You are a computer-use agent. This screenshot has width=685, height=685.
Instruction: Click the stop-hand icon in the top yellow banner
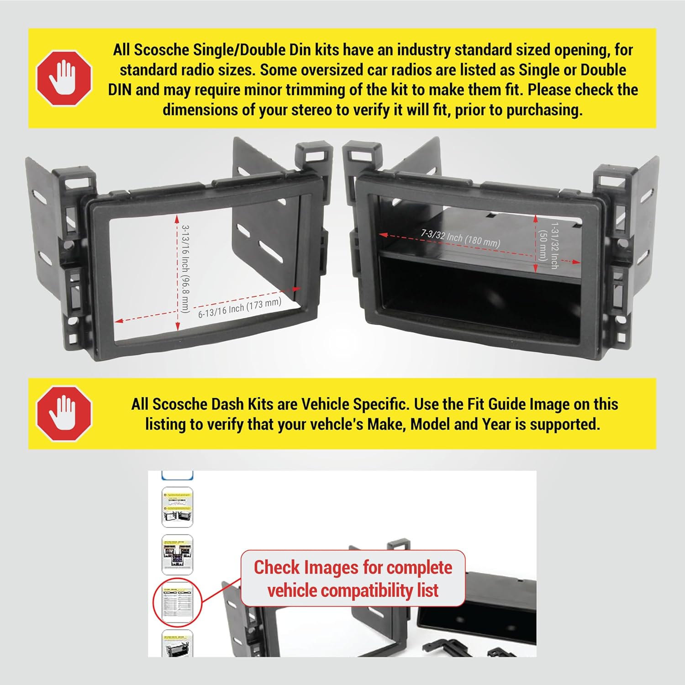(64, 78)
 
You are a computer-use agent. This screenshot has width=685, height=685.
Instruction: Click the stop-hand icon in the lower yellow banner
(64, 413)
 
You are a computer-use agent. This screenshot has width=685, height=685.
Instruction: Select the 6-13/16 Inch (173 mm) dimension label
(240, 308)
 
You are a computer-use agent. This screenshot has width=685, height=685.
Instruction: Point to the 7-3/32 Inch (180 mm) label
(460, 238)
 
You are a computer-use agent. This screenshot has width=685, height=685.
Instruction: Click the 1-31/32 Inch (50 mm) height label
(548, 245)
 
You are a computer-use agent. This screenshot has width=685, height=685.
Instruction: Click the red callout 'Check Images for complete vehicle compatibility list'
(353, 579)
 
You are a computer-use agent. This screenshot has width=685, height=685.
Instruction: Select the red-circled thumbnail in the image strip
(177, 602)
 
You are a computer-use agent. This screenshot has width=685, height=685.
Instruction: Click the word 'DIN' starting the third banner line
(120, 90)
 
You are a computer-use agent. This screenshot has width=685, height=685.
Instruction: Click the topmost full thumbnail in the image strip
(177, 507)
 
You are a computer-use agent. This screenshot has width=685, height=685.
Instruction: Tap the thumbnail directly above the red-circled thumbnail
(177, 554)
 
